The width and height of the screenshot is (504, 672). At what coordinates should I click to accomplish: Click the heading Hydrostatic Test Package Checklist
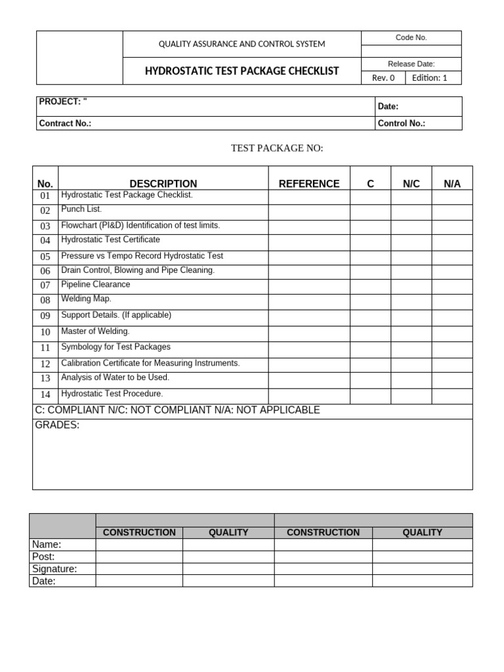point(241,71)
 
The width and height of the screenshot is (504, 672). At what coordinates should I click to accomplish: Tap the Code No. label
point(411,37)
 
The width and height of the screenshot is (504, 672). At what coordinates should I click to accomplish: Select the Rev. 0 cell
point(383,77)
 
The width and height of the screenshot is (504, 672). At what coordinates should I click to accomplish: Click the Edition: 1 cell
point(429,77)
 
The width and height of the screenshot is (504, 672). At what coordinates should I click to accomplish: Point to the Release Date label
point(411,64)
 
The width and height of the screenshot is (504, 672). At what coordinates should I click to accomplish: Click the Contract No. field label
point(65,123)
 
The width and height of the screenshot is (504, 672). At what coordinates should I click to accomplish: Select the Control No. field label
point(401,123)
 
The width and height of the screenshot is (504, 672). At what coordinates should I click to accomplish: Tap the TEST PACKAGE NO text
point(277,148)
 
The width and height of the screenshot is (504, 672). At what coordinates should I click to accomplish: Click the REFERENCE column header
point(309,184)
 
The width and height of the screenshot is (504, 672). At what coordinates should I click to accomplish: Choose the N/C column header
point(411,184)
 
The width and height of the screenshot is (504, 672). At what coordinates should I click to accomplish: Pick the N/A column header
point(452,184)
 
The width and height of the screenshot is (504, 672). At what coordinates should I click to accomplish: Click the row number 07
point(45,285)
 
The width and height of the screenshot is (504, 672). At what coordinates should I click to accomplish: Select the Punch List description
point(81,209)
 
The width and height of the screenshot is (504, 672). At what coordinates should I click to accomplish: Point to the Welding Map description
point(86,299)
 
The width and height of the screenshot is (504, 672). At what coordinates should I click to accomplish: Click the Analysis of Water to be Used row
point(115,377)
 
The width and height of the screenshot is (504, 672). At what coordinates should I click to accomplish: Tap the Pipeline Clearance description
point(95,284)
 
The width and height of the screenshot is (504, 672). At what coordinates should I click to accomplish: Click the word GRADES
point(57,425)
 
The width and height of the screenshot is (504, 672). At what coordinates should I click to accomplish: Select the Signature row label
point(54,569)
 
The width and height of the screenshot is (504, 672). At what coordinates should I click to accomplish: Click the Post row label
point(43,556)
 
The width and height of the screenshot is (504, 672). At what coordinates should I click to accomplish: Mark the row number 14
point(45,395)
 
